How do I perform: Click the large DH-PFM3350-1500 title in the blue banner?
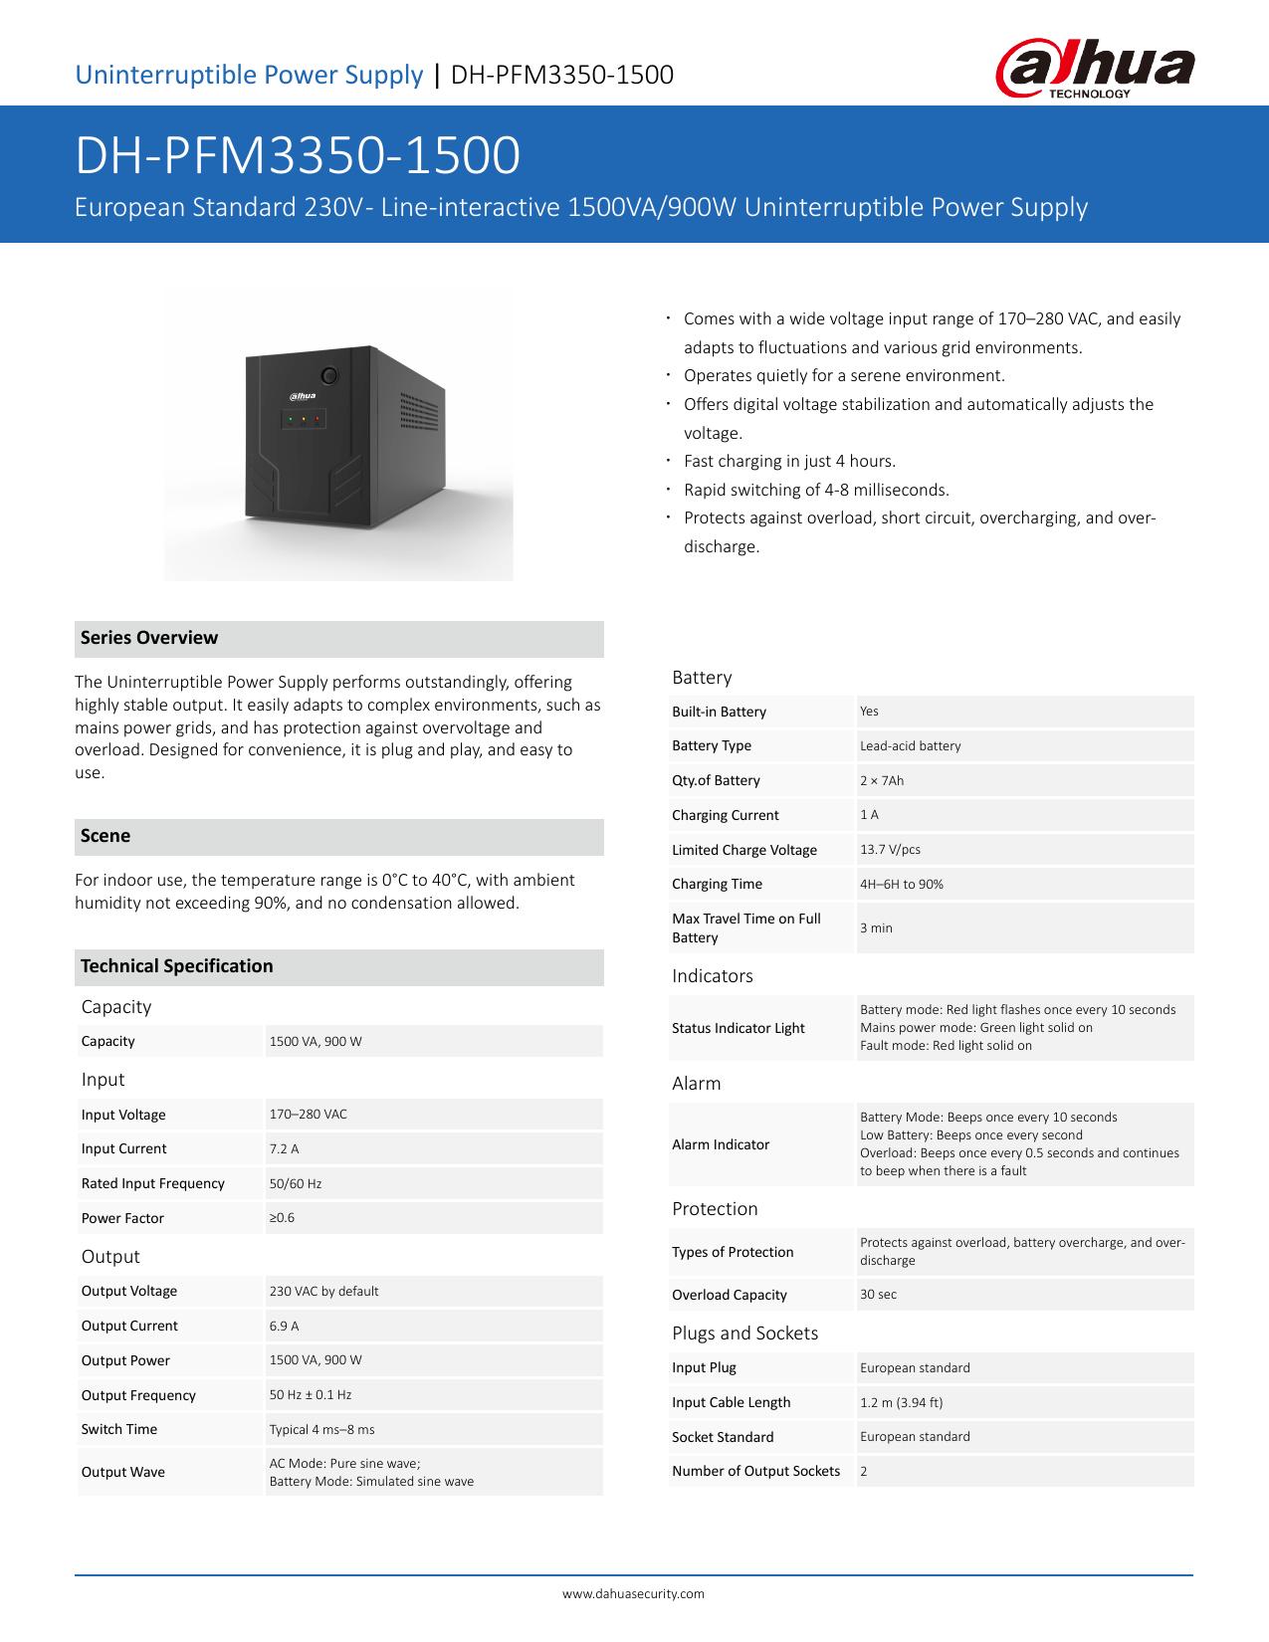click(298, 156)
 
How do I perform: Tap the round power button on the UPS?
click(328, 377)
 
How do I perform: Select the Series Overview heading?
click(149, 638)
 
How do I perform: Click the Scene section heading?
click(106, 836)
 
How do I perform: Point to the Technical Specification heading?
click(176, 966)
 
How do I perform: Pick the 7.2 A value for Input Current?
click(284, 1148)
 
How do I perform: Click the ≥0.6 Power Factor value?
click(282, 1217)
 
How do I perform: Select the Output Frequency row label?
click(138, 1395)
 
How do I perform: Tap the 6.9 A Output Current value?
click(284, 1326)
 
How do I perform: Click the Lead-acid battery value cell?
click(910, 745)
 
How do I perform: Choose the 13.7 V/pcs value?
click(890, 849)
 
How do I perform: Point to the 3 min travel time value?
click(876, 927)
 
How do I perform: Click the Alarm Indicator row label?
click(721, 1144)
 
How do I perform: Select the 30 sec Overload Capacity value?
click(878, 1295)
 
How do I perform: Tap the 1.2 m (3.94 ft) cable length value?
click(901, 1402)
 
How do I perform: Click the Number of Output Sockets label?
click(755, 1471)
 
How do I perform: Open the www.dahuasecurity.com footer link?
click(633, 1593)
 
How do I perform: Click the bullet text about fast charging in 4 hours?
click(789, 461)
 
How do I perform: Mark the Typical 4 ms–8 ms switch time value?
click(321, 1429)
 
